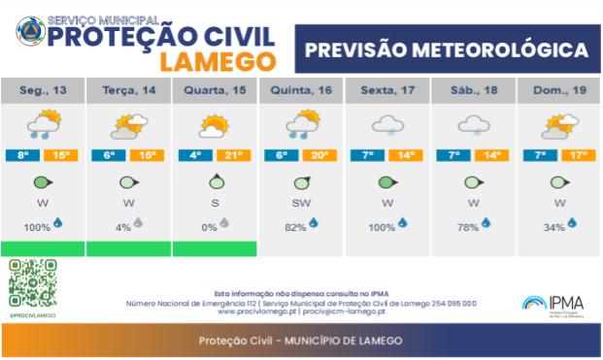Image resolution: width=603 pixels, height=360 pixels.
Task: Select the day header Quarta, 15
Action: click(215, 91)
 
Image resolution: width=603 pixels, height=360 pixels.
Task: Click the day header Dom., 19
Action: click(559, 91)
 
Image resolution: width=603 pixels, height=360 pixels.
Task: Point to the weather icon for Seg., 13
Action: click(42, 125)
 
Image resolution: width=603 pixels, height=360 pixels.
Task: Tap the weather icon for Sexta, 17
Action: click(387, 125)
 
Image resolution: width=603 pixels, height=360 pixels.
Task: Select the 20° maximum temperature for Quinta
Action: click(318, 155)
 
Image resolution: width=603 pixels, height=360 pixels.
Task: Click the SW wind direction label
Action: click(301, 204)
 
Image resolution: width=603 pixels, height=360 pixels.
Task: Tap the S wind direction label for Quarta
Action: click(215, 204)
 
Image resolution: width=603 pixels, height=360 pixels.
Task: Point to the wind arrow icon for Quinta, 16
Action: click(301, 181)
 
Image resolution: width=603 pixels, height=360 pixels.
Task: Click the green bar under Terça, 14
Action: click(128, 249)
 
